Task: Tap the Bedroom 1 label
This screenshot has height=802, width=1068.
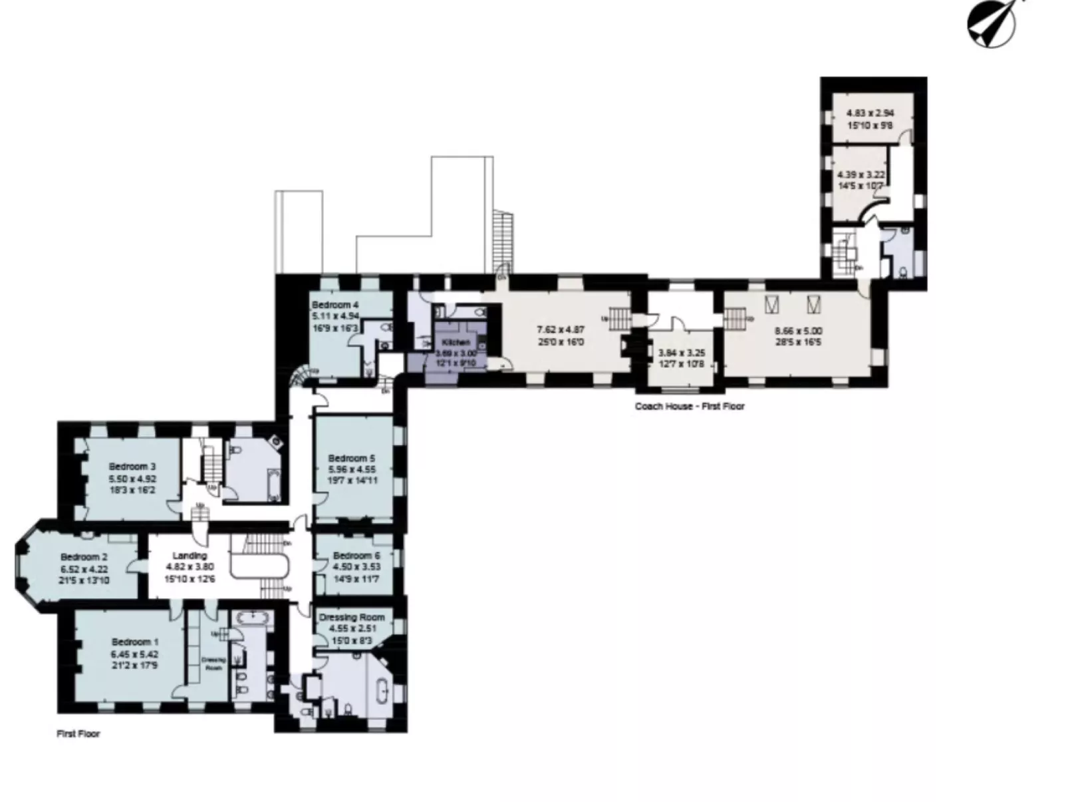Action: coord(135,642)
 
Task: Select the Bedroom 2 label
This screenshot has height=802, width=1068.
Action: coord(84,556)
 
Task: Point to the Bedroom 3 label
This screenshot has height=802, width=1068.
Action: coord(132,466)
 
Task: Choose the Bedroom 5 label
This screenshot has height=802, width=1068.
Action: coord(351,458)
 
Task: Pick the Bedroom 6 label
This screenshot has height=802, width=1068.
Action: coord(356,555)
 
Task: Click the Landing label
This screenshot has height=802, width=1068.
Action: coord(190,555)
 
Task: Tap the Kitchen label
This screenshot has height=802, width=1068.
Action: coord(456,342)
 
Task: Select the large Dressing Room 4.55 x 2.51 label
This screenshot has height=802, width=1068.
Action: coord(352,617)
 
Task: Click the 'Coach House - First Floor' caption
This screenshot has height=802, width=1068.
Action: coord(689,406)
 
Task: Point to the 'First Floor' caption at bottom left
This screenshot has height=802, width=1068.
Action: coord(78,733)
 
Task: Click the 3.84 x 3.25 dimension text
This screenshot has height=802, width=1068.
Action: coord(681,353)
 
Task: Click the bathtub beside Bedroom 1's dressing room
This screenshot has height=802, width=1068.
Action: coord(251,618)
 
